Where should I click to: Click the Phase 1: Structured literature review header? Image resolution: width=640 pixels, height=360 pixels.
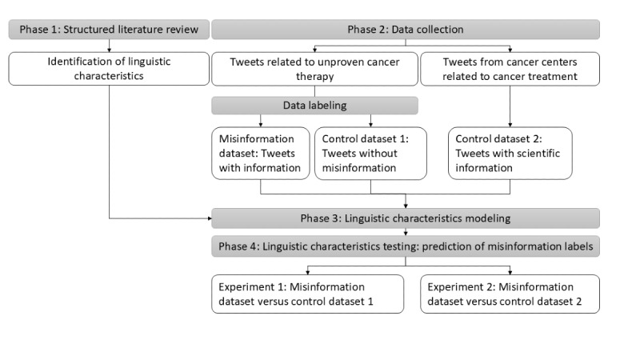pyautogui.click(x=109, y=30)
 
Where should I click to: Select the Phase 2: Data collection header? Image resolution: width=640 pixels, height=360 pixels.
pyautogui.click(x=406, y=30)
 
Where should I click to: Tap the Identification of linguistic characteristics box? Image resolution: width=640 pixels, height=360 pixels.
pyautogui.click(x=109, y=69)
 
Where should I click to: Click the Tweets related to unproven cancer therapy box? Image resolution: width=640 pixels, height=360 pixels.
pyautogui.click(x=314, y=69)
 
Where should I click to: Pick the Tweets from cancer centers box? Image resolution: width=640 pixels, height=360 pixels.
pyautogui.click(x=510, y=69)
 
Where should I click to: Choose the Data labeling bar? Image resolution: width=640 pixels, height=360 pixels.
pyautogui.click(x=314, y=106)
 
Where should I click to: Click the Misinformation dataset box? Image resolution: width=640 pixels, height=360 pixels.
pyautogui.click(x=261, y=154)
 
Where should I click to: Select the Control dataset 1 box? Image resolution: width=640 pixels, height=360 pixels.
pyautogui.click(x=370, y=154)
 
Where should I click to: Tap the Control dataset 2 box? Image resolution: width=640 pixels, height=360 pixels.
pyautogui.click(x=510, y=154)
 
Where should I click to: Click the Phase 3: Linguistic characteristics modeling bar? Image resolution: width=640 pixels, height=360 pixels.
pyautogui.click(x=406, y=218)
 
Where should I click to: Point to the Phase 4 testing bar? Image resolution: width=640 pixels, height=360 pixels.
pyautogui.click(x=406, y=246)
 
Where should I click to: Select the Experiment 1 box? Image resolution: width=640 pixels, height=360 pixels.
pyautogui.click(x=307, y=294)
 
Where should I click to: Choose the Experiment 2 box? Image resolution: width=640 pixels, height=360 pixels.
pyautogui.click(x=510, y=294)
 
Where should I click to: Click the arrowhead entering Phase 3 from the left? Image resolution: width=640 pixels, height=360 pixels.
pyautogui.click(x=210, y=218)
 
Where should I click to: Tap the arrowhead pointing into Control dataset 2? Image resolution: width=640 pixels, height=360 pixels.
pyautogui.click(x=510, y=126)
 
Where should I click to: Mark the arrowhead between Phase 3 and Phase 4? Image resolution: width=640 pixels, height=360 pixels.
pyautogui.click(x=406, y=234)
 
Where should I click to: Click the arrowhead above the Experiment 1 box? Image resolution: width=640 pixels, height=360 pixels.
pyautogui.click(x=307, y=273)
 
